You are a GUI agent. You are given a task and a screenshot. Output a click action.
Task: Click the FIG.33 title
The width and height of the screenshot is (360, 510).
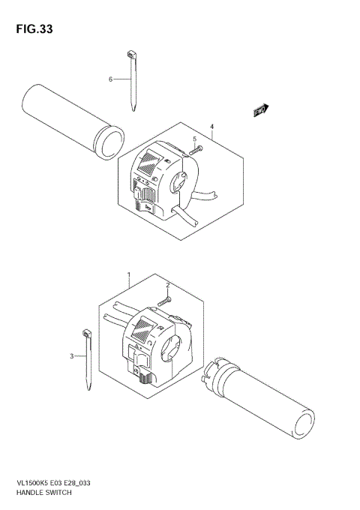(x=33, y=29)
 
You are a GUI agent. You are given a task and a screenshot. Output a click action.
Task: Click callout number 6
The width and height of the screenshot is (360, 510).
(x=109, y=79)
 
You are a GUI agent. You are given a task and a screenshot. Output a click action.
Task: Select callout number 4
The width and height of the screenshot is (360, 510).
(x=212, y=127)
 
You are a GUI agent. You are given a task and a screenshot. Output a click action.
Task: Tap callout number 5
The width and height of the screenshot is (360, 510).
(x=193, y=139)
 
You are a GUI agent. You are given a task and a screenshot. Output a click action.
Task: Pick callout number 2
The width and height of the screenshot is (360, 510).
(x=169, y=285)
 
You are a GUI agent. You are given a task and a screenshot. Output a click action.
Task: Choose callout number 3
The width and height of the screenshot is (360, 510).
(x=72, y=355)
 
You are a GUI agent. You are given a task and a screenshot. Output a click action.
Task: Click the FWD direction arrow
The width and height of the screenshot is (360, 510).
(x=259, y=111)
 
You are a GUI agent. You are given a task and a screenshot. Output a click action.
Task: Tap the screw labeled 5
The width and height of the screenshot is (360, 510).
(x=196, y=150)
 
